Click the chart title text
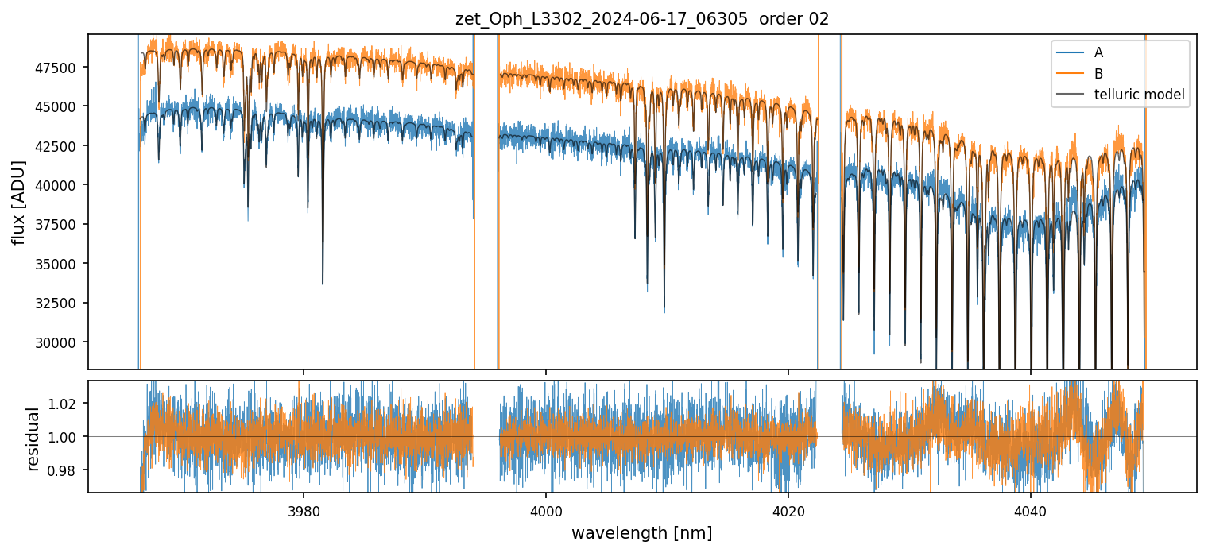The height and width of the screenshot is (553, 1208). click(642, 19)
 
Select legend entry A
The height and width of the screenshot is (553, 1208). click(1098, 52)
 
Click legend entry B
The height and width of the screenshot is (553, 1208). click(1098, 74)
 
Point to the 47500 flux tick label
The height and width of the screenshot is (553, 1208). click(62, 68)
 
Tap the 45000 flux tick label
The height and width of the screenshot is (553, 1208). click(62, 106)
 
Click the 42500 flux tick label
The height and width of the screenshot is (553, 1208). click(62, 146)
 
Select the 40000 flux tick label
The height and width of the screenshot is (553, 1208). click(62, 185)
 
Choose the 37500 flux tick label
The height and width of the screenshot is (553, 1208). click(62, 225)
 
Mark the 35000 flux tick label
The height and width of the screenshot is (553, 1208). click(62, 264)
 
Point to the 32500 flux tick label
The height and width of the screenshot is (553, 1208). click(62, 303)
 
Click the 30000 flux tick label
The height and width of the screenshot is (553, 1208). click(62, 342)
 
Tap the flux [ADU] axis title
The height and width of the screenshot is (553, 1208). click(18, 202)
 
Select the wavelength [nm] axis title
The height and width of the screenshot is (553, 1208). click(642, 532)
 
